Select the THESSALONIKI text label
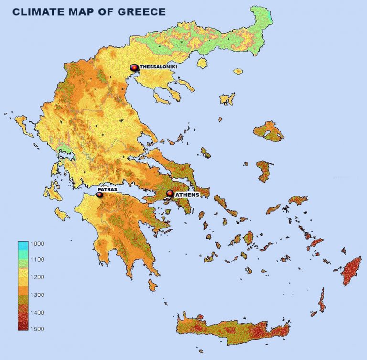158,68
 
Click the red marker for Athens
170,194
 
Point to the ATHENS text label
187,195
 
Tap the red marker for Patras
99,195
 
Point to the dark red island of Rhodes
352,270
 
